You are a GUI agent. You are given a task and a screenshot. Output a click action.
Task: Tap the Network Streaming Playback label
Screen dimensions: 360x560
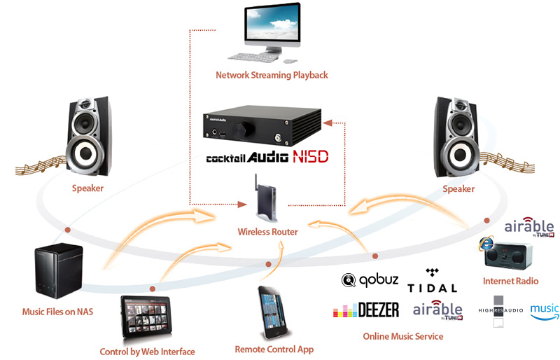click(x=272, y=75)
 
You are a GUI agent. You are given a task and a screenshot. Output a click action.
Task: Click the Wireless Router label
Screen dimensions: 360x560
click(x=268, y=232)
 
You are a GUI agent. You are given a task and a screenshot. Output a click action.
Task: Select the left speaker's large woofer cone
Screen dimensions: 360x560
click(x=88, y=150)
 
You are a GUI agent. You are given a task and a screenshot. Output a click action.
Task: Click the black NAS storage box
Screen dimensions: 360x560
click(x=57, y=270)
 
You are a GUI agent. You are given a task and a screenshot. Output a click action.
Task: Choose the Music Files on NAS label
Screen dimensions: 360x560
click(x=57, y=311)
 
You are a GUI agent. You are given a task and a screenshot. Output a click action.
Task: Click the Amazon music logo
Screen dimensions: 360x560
click(x=544, y=310)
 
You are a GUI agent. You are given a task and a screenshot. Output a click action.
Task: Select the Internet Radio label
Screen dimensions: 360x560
click(x=510, y=281)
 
